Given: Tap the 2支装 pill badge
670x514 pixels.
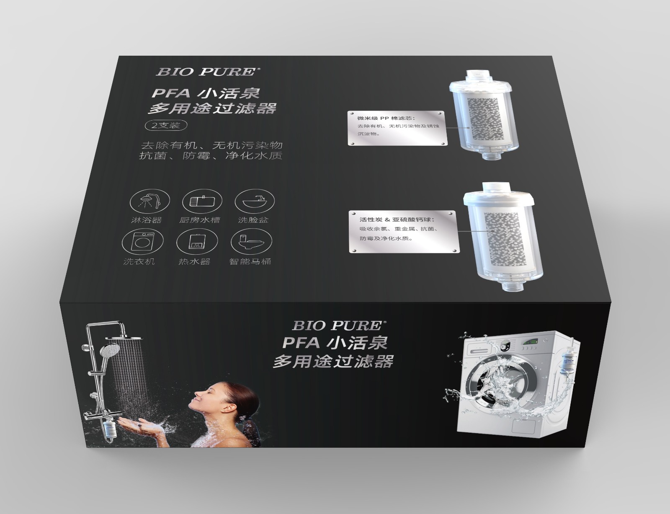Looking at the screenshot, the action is (x=166, y=125).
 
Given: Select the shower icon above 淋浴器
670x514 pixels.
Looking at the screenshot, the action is (x=150, y=201).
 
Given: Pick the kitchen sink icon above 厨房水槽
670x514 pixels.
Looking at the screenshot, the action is (x=202, y=201).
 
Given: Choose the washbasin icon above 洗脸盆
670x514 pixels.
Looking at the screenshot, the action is (x=255, y=201).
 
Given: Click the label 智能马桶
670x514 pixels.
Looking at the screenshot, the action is (x=250, y=262).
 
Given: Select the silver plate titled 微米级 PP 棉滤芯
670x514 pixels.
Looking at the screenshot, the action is (x=397, y=128).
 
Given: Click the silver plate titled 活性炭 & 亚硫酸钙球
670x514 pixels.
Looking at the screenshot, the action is (x=404, y=232).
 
